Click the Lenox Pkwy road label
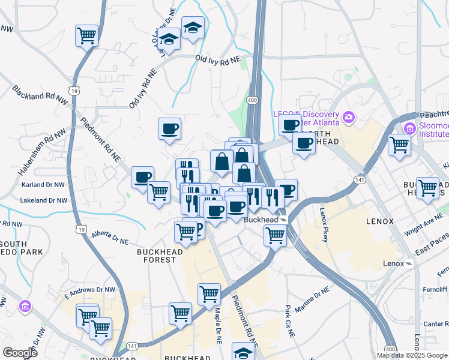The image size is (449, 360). pyautogui.click(x=325, y=224)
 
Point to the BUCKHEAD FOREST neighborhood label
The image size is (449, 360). pyautogui.click(x=160, y=256)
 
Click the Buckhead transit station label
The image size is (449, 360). pyautogui.click(x=262, y=220)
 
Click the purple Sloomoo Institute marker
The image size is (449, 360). pyautogui.click(x=411, y=128)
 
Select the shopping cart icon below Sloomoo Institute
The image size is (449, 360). pyautogui.click(x=399, y=145)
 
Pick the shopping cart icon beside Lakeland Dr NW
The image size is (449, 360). pyautogui.click(x=158, y=193)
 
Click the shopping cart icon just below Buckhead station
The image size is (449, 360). pyautogui.click(x=275, y=236)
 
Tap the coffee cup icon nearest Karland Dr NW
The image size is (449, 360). pyautogui.click(x=143, y=177)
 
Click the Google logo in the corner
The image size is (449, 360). pyautogui.click(x=20, y=353)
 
